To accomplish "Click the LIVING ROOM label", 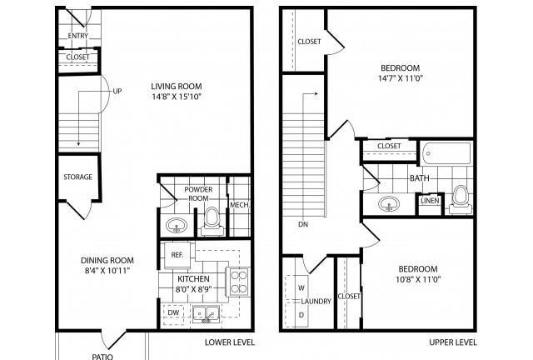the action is (x=177, y=87).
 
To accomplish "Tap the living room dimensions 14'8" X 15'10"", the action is (x=177, y=97).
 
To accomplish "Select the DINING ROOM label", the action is (x=107, y=261).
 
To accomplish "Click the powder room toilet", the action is (x=212, y=222).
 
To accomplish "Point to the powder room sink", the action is (x=177, y=225).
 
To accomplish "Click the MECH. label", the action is (x=240, y=205).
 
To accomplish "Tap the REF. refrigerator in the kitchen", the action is (x=177, y=255).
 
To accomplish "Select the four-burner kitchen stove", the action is (x=238, y=282).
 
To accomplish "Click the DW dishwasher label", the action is (x=173, y=312).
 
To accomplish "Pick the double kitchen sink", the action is (x=206, y=314).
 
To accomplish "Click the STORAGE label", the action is (x=77, y=177).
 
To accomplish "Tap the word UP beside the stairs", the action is (x=117, y=91).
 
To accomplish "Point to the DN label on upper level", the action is (x=303, y=224).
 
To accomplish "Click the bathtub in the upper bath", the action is (x=446, y=153).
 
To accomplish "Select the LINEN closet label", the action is (x=430, y=201).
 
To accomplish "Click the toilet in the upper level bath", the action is (x=461, y=200).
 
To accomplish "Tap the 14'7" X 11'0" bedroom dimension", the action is (x=401, y=78).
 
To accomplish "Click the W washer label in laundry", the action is (x=301, y=287).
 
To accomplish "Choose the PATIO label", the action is (x=102, y=357).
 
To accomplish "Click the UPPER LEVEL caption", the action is (x=453, y=342).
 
